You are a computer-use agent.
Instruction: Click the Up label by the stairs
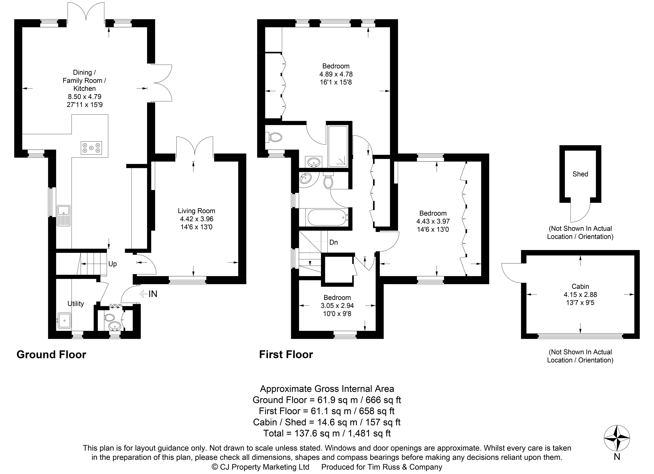112,264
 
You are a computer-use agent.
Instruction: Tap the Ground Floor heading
51,354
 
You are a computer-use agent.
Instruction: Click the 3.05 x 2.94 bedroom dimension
337,305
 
